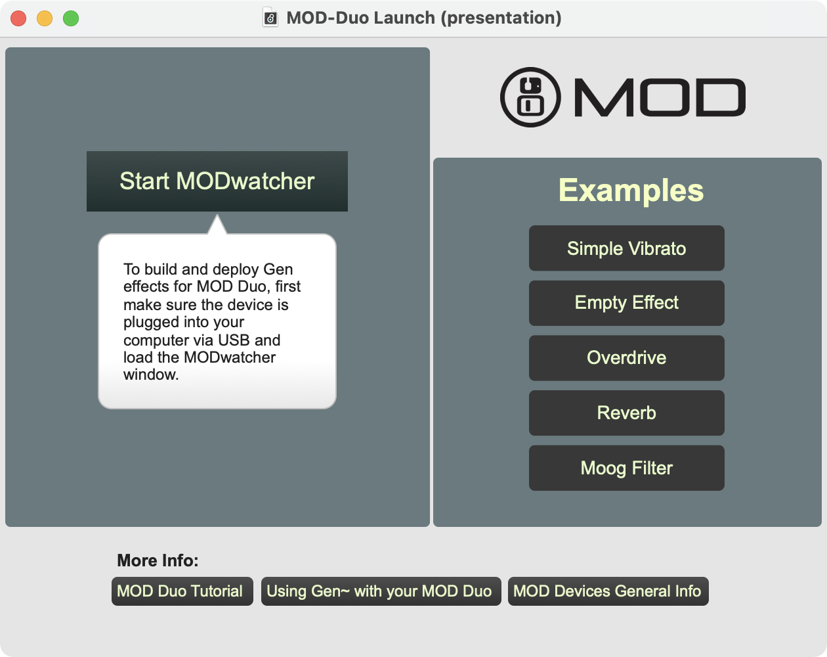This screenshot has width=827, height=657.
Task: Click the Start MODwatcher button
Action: click(x=217, y=181)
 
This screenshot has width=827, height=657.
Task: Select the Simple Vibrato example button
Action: click(x=626, y=248)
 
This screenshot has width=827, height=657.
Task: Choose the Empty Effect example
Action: click(x=626, y=303)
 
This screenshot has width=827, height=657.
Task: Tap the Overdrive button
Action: click(x=626, y=358)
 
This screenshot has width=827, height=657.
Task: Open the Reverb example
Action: click(x=626, y=413)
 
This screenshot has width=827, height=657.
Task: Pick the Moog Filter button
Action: click(x=626, y=468)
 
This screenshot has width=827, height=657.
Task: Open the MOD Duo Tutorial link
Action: click(x=182, y=591)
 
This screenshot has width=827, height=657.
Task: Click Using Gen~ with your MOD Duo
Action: click(x=381, y=591)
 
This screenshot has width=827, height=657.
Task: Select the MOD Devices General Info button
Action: click(x=608, y=591)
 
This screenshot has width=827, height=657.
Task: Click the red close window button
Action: click(x=18, y=18)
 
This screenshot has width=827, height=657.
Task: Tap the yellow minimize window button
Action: click(x=45, y=18)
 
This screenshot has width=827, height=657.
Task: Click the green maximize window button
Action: click(x=71, y=18)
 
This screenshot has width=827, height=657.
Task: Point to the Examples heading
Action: click(x=631, y=191)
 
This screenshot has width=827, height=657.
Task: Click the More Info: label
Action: click(x=158, y=560)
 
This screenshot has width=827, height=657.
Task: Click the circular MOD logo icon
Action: click(x=530, y=97)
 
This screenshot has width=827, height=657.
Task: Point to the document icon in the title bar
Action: click(x=270, y=18)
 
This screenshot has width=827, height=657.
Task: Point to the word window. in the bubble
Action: click(x=151, y=374)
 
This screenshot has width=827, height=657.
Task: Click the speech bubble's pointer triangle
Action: click(x=217, y=224)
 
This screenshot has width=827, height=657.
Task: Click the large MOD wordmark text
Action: click(x=660, y=97)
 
